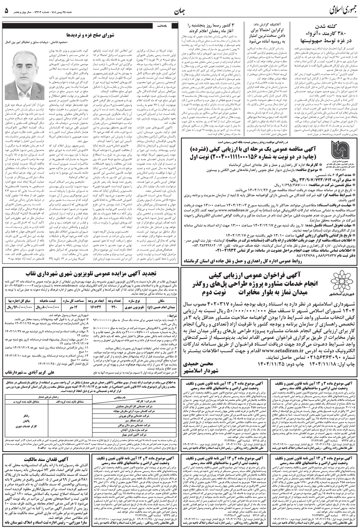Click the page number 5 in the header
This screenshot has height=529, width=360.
6,10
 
